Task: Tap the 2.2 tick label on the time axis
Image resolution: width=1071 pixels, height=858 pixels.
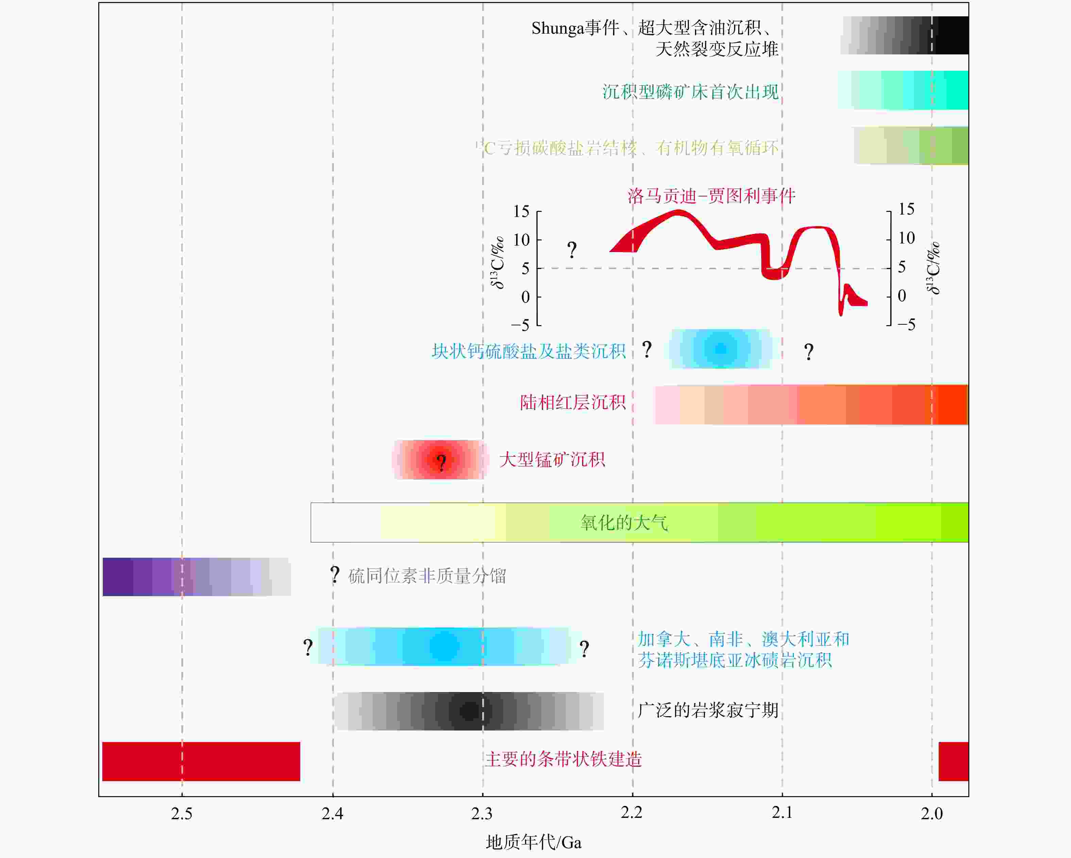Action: (631, 813)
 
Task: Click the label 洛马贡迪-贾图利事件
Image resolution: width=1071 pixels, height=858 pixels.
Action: (711, 196)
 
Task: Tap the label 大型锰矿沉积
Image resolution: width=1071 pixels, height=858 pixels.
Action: (552, 459)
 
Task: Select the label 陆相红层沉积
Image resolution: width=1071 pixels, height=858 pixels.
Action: (573, 402)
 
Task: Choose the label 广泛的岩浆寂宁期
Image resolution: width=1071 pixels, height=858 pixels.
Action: (708, 710)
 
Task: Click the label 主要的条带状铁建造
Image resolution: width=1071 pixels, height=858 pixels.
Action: (563, 759)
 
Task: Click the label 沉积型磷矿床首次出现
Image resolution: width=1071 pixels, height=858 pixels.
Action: (691, 92)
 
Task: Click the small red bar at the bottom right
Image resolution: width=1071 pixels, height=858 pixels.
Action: (953, 761)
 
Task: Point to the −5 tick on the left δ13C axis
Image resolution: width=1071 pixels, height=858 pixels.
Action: (520, 325)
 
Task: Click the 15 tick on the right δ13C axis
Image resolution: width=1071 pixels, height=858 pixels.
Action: (906, 209)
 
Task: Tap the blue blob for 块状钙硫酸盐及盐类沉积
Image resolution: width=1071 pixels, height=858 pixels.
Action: (720, 349)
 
